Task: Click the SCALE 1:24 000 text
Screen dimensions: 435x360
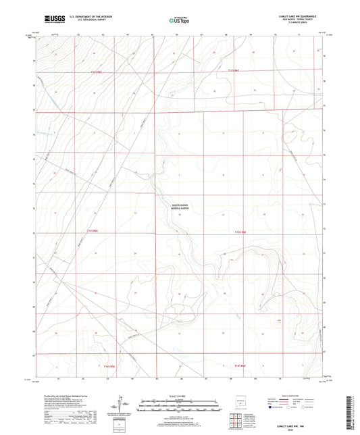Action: tap(179, 394)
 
